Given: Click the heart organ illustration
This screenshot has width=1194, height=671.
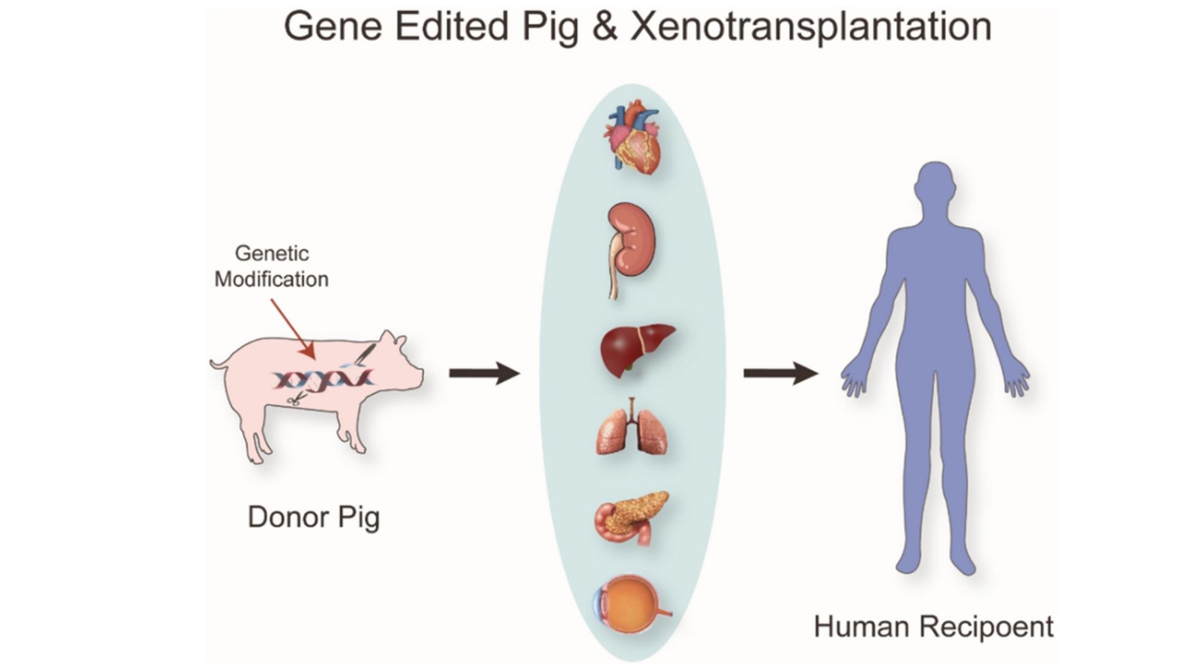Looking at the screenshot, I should (x=632, y=140).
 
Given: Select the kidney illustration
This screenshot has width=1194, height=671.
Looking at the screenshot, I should (x=631, y=245).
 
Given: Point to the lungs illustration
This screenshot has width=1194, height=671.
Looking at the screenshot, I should (x=632, y=428).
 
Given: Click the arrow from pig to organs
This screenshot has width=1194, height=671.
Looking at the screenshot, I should (x=484, y=373).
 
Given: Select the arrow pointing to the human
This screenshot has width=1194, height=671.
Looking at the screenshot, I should (x=780, y=373).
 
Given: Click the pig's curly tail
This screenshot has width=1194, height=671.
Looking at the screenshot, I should (x=218, y=363).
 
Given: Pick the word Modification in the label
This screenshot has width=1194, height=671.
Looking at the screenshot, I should (x=271, y=280).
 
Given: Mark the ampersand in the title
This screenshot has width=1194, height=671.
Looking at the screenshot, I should (x=604, y=27).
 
